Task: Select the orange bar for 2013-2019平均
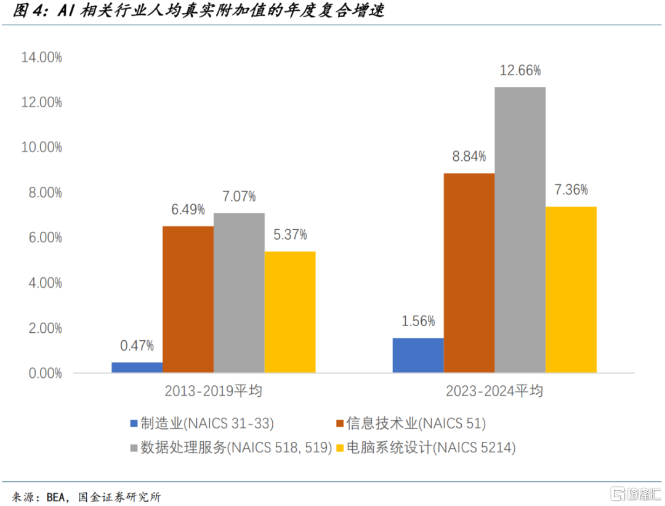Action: (188, 299)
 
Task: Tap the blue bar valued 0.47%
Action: (137, 367)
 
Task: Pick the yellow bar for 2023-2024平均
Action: (571, 289)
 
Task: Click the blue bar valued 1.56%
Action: (417, 355)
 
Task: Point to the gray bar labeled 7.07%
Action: (239, 293)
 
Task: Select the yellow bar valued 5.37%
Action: (290, 312)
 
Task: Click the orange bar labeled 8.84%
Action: (469, 272)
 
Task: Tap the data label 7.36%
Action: (571, 190)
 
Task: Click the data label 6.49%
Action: (188, 210)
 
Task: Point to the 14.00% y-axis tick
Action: (41, 57)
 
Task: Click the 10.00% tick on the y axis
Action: (41, 147)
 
